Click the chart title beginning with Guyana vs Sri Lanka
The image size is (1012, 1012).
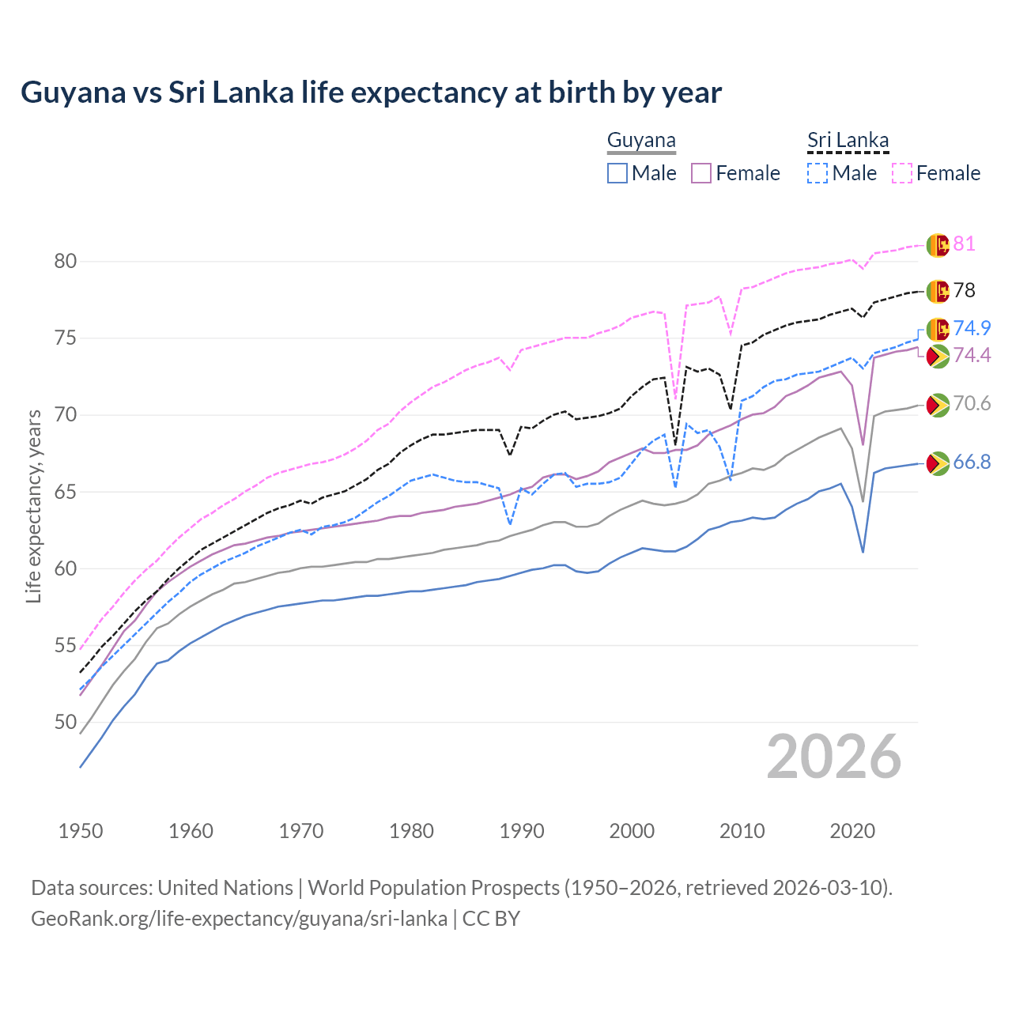[371, 93]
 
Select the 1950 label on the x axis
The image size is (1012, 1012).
[81, 831]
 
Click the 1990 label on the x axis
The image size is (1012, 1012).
[522, 831]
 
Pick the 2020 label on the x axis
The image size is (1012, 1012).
[852, 831]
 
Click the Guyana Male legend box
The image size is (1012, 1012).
[617, 173]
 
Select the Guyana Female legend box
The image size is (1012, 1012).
[701, 173]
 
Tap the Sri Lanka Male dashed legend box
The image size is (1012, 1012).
[818, 173]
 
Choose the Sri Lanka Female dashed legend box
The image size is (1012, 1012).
[902, 173]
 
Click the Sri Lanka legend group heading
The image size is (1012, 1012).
[848, 141]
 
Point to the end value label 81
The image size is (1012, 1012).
[964, 244]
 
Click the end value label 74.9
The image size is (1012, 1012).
[972, 328]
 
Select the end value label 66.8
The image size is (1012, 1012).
[972, 463]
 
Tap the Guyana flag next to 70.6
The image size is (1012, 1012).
[937, 405]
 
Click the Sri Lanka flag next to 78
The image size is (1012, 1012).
[938, 291]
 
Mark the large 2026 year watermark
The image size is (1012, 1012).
[833, 757]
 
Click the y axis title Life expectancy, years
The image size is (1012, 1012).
[34, 506]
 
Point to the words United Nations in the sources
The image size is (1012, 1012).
[225, 888]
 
